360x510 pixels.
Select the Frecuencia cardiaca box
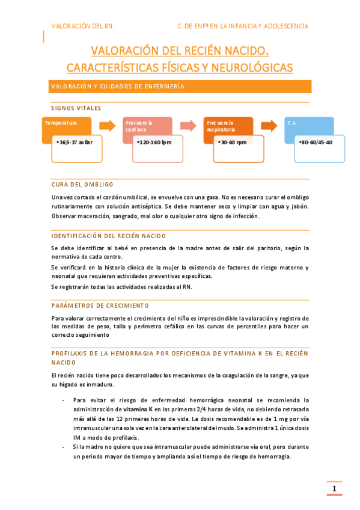tap(148, 126)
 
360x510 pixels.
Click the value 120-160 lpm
tap(156, 143)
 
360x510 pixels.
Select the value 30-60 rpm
tap(235, 143)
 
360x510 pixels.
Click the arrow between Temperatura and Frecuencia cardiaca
tap(107, 126)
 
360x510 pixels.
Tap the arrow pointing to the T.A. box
tap(269, 126)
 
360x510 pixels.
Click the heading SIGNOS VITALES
tap(76, 108)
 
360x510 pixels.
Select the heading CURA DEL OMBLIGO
tap(82, 184)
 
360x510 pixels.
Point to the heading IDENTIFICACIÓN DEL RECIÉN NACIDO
tap(109, 236)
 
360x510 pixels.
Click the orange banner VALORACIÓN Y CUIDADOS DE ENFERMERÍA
tap(180, 87)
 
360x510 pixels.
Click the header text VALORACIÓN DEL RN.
tap(83, 26)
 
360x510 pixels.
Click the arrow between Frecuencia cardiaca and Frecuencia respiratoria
tap(188, 126)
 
